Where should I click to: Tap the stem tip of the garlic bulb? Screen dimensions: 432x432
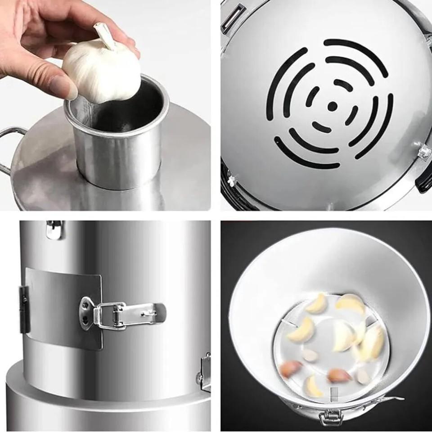coord(100,31)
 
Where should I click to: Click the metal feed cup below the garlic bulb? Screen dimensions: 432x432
coord(118,144)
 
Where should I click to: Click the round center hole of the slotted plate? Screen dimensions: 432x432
coord(332,106)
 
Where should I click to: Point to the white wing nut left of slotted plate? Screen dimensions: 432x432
coord(232,180)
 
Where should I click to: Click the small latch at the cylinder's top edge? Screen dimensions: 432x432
coord(54,229)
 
